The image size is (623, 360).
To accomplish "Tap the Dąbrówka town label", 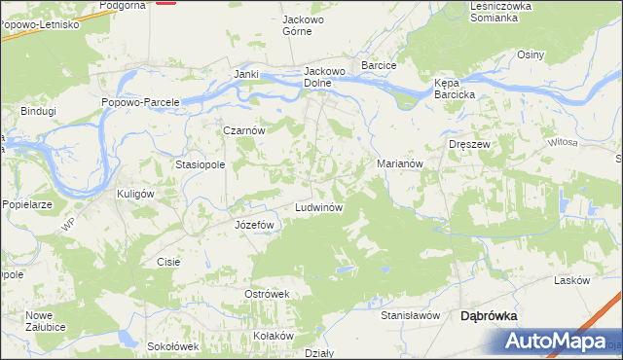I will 488,316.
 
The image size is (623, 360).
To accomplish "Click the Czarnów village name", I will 244,129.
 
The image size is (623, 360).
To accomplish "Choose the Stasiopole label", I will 201,165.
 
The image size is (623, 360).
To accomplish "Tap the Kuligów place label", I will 136,194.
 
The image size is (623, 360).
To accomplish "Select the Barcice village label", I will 380,65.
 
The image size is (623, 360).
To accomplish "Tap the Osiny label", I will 531,54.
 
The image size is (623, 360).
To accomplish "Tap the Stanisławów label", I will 411,316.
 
